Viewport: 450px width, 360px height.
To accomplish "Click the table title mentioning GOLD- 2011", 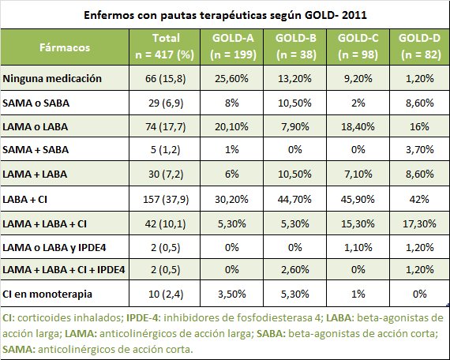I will click(224, 15).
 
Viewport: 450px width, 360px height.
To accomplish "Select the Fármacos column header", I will click(66, 47).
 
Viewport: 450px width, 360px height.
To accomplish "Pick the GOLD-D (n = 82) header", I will click(419, 47).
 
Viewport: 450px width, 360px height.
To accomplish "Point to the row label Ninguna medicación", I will click(53, 79).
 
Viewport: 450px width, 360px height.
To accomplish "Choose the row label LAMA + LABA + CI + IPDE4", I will click(64, 268).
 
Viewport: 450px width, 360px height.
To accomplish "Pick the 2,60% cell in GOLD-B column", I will click(295, 268).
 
